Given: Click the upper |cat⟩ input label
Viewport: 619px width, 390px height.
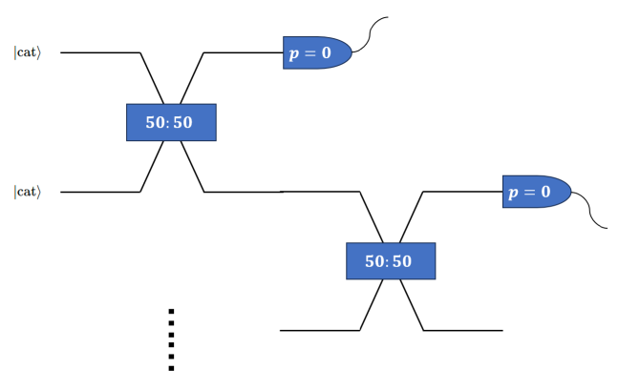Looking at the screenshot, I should point(28,53).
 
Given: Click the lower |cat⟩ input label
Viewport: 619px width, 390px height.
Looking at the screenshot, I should point(28,193).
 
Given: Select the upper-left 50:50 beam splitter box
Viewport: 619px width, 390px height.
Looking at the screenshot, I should point(171,122).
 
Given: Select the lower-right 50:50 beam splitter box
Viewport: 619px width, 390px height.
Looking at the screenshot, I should point(390,261).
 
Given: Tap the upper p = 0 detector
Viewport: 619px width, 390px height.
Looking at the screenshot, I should point(316,52).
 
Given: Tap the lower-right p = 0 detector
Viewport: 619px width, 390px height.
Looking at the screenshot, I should point(535,192).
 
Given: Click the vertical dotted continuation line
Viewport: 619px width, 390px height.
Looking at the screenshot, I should point(171,339).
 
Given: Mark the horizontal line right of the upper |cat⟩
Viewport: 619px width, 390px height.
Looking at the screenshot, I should point(100,53).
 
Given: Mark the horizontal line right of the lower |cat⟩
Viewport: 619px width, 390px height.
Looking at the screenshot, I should point(100,192).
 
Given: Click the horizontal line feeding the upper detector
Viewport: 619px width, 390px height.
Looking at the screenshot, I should point(243,53).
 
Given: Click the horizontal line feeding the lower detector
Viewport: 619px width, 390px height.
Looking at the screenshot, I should point(462,192).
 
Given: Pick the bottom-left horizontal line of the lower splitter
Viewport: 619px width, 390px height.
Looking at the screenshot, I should point(319,330).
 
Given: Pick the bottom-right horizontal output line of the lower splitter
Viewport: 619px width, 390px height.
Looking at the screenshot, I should point(462,330).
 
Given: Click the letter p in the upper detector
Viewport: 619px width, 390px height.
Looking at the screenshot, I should point(294,54).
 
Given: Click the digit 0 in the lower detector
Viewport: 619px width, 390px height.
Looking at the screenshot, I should point(544,192).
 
